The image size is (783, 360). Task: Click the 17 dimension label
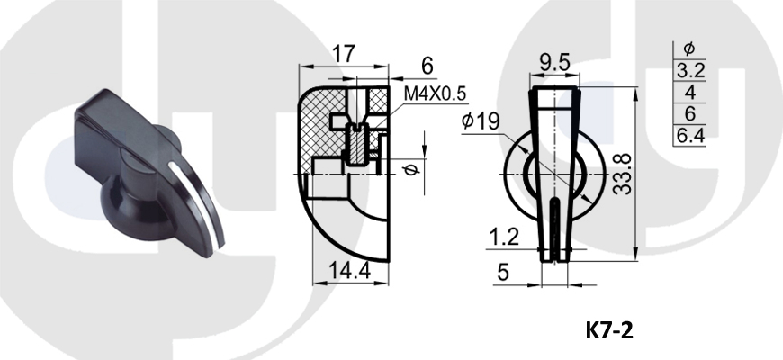[344, 53]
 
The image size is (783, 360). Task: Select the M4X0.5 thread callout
[435, 94]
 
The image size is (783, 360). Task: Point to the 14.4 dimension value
[349, 271]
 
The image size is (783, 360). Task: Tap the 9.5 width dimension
[554, 63]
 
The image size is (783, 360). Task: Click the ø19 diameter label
[481, 121]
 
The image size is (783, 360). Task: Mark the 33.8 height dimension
[623, 174]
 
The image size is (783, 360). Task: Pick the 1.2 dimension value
[503, 238]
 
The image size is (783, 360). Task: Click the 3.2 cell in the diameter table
[689, 71]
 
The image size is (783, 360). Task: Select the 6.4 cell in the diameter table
[689, 135]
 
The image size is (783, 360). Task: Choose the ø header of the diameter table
[689, 49]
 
